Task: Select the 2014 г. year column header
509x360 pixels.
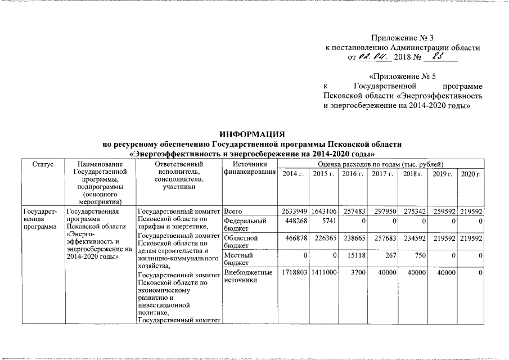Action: [x=293, y=174]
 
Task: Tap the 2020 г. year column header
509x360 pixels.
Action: [x=470, y=174]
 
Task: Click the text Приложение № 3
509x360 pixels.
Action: [x=403, y=38]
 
